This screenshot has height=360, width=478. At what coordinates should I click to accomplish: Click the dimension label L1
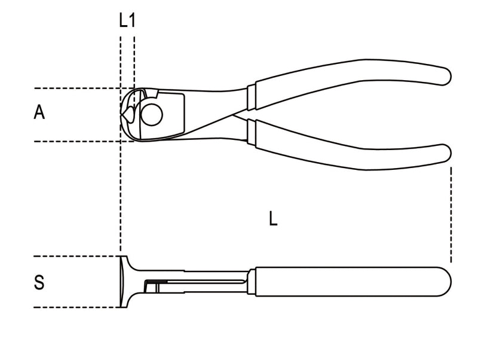[127, 21]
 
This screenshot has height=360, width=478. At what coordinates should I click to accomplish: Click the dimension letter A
[39, 112]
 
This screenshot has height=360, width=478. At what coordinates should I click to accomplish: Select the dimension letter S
[39, 282]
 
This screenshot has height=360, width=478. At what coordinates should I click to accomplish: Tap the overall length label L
[272, 219]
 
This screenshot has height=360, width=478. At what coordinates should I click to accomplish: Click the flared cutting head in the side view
[124, 282]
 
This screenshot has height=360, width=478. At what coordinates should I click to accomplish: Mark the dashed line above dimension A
[72, 88]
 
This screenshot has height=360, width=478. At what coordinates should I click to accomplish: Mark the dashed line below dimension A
[72, 141]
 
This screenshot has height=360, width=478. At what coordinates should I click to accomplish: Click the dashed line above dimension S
[72, 257]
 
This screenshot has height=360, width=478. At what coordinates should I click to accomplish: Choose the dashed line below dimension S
[72, 307]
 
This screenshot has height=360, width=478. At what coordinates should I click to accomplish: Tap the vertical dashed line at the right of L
[451, 215]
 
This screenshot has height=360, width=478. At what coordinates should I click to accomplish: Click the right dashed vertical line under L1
[134, 60]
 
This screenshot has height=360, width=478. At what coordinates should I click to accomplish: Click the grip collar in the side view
[252, 282]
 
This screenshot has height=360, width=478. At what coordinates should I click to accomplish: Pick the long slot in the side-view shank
[197, 282]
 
